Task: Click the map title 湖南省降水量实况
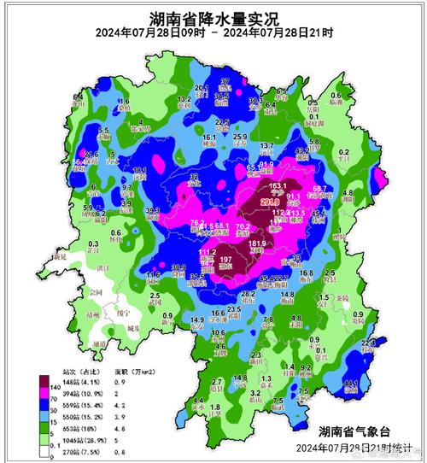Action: click(x=213, y=16)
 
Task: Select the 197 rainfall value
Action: click(x=226, y=260)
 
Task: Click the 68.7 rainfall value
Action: click(x=320, y=189)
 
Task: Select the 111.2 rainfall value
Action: click(x=207, y=252)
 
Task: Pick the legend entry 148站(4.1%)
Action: click(x=74, y=384)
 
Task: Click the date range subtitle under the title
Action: click(x=213, y=34)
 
